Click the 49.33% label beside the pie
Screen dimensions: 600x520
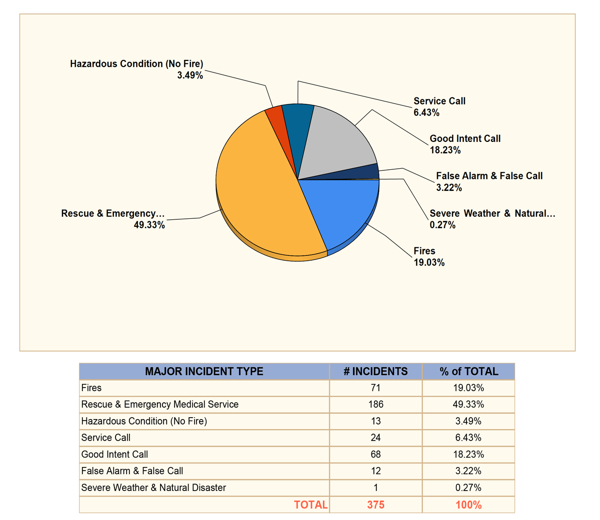point(149,225)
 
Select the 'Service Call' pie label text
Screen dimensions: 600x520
point(439,101)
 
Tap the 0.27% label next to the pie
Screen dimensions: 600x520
point(442,225)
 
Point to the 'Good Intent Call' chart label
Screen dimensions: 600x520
point(465,138)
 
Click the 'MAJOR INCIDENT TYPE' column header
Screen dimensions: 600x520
point(204,371)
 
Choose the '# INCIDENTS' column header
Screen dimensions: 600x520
point(375,371)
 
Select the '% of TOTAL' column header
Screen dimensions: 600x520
point(468,371)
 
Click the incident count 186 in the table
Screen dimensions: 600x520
point(375,404)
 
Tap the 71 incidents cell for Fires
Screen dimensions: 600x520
point(375,388)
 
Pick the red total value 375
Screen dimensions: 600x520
point(375,505)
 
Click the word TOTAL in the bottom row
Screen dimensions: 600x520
point(311,505)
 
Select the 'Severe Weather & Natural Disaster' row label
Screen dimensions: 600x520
point(153,488)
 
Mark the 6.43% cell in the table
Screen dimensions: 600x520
point(468,438)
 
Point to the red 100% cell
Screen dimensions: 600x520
point(468,505)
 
